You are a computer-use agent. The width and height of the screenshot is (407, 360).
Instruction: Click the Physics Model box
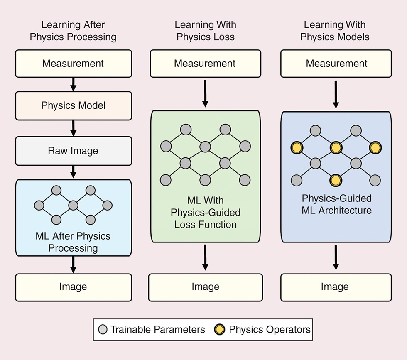[74, 105]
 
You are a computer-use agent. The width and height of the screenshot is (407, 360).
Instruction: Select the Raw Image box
[74, 150]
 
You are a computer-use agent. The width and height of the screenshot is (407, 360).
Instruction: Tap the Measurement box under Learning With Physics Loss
[205, 64]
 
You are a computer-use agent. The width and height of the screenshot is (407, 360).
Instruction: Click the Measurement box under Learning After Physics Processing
[74, 64]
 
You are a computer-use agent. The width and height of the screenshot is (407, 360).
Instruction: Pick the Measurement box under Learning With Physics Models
[336, 64]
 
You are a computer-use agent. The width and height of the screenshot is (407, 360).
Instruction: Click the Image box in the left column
[74, 287]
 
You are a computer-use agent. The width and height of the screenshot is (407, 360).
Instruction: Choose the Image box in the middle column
[205, 287]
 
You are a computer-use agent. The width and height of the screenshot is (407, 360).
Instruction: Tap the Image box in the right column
[336, 287]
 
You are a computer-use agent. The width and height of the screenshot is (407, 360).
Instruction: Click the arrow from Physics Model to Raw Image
[74, 127]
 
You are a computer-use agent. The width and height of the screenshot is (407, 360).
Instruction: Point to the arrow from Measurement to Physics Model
[74, 84]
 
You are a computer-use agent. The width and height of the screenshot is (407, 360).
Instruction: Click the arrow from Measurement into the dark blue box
[336, 94]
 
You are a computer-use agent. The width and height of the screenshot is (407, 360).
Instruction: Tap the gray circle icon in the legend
[103, 330]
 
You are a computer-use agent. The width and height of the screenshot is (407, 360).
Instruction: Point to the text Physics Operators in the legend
[270, 330]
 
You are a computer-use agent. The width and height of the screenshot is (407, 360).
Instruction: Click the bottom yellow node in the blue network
[336, 180]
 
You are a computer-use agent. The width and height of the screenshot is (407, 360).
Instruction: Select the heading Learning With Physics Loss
[205, 31]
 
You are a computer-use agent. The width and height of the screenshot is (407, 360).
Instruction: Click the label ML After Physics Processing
[74, 242]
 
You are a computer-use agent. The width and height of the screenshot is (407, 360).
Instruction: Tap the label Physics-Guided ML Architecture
[336, 204]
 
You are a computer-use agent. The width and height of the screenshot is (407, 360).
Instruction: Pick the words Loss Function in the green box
[205, 225]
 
